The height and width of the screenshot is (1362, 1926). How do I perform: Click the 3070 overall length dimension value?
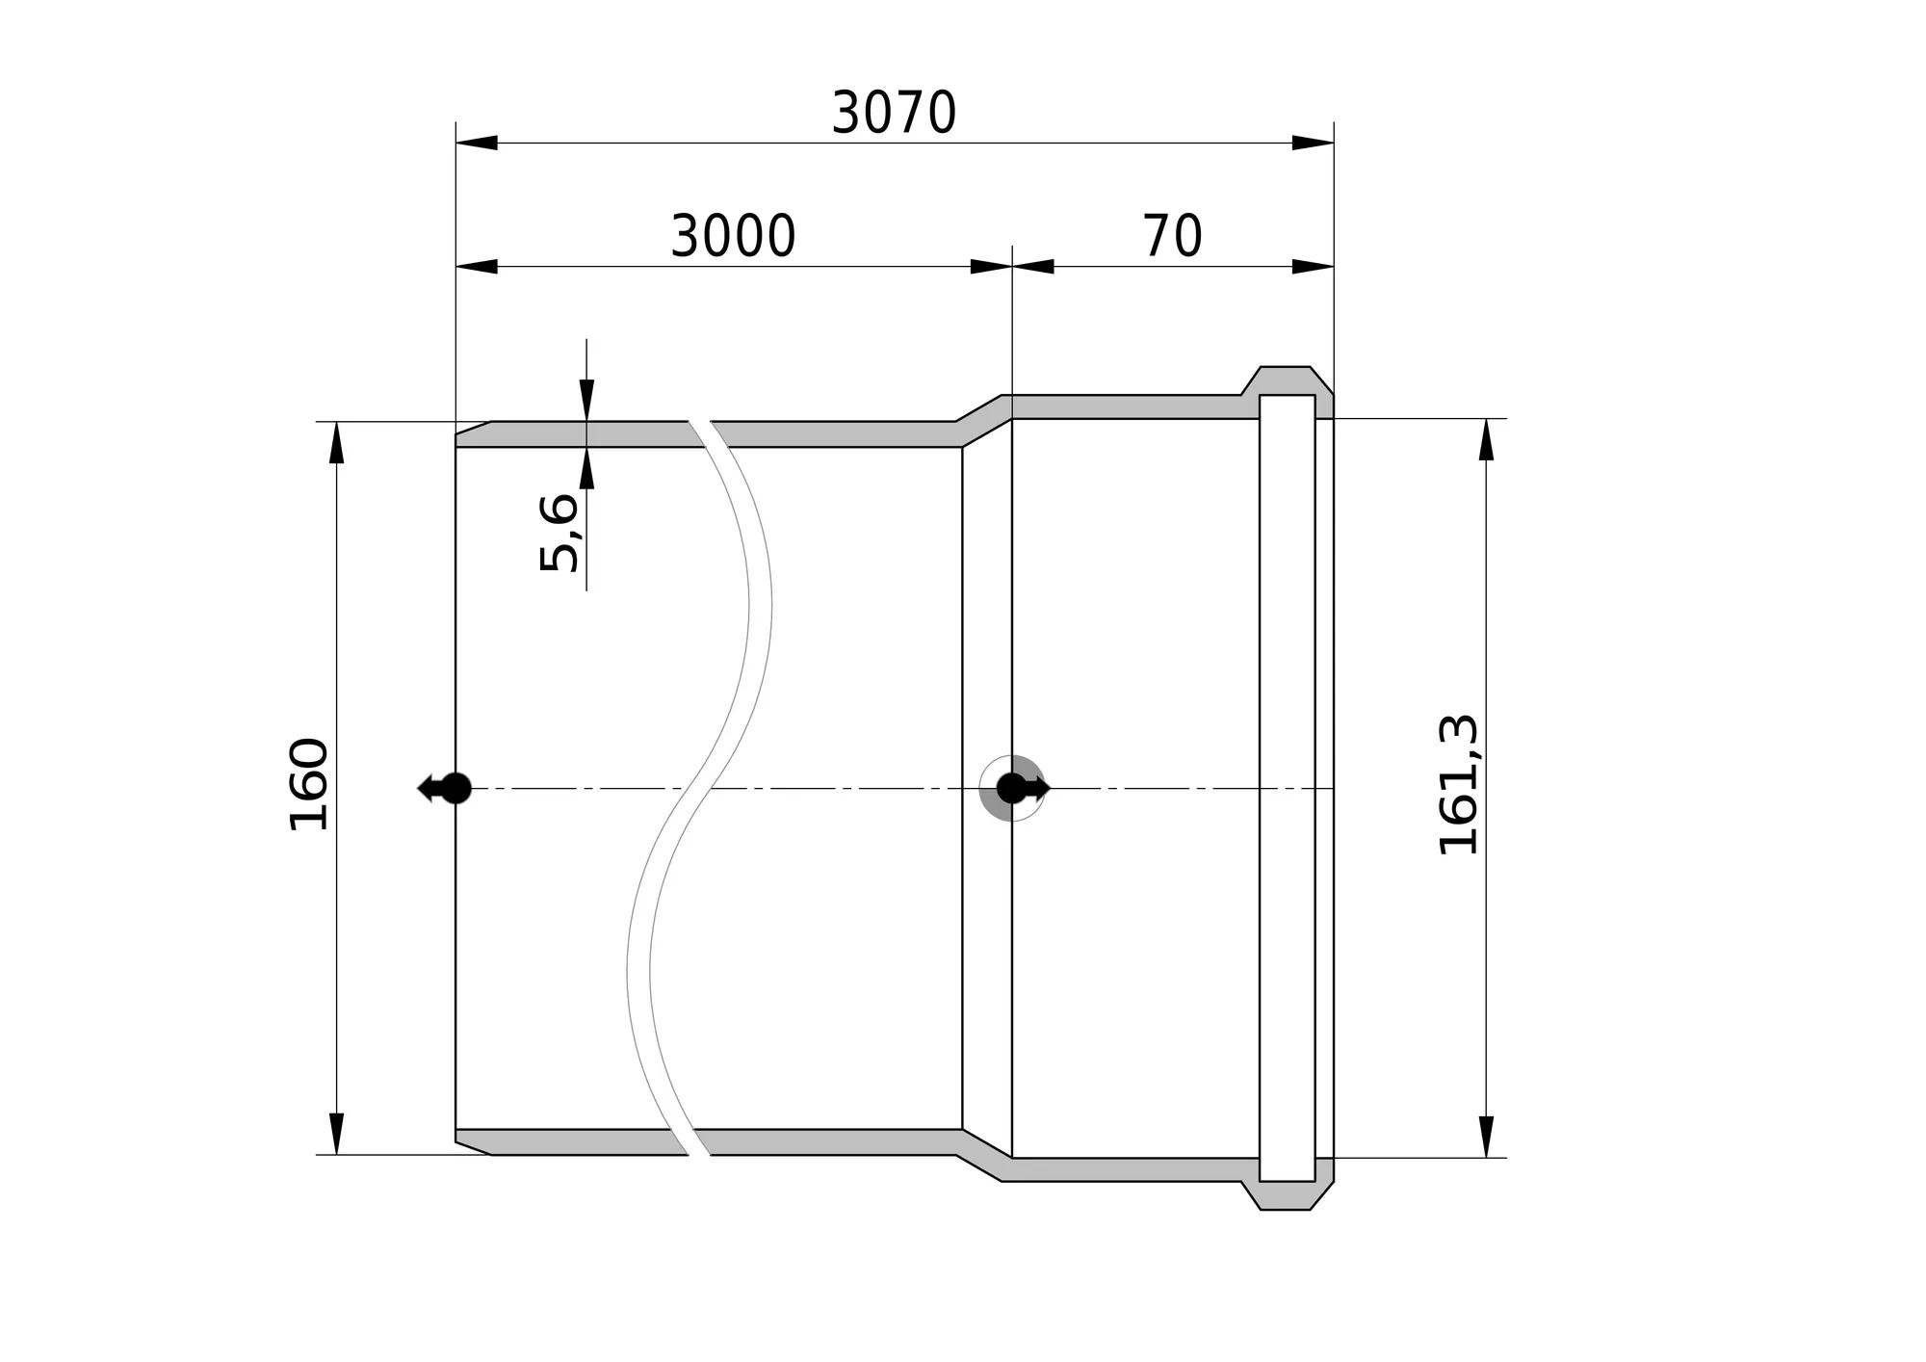[x=894, y=113]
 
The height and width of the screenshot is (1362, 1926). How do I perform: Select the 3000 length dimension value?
[x=733, y=236]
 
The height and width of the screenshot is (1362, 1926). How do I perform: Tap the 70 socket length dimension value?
[x=1173, y=236]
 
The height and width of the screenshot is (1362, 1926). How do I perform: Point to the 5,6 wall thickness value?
[x=560, y=533]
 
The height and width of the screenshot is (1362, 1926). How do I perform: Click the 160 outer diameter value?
[x=310, y=783]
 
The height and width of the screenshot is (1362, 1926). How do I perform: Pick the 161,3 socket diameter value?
[x=1458, y=784]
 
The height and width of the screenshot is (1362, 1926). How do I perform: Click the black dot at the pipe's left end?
[x=456, y=788]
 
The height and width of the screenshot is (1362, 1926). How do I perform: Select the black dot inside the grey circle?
[x=1011, y=788]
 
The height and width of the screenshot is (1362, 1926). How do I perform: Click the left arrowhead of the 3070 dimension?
[x=477, y=143]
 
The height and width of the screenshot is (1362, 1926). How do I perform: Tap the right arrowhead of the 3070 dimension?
[x=1313, y=143]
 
